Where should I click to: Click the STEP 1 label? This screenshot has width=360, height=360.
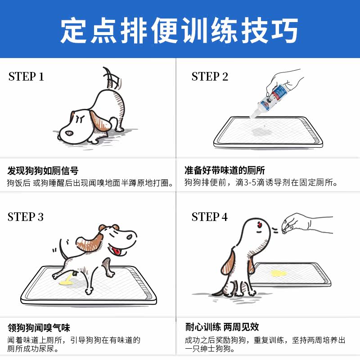pyautogui.click(x=26, y=76)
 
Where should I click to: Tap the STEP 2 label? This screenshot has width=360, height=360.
pyautogui.click(x=210, y=76)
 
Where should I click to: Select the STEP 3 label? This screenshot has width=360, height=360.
pyautogui.click(x=26, y=217)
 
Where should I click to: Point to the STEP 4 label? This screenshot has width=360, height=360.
pyautogui.click(x=209, y=217)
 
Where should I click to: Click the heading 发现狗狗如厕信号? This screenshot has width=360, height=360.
pyautogui.click(x=43, y=171)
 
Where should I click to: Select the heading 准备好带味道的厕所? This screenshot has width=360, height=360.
pyautogui.click(x=225, y=171)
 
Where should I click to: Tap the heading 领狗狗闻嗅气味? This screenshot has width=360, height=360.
pyautogui.click(x=39, y=328)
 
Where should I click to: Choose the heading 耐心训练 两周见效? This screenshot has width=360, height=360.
pyautogui.click(x=222, y=327)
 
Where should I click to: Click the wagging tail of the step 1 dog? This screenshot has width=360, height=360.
pyautogui.click(x=111, y=78)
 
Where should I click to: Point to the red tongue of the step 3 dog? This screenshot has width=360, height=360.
pyautogui.click(x=117, y=251)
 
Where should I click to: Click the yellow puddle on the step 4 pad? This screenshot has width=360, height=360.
pyautogui.click(x=279, y=273)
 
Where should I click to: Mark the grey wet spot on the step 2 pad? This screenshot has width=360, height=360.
pyautogui.click(x=261, y=132)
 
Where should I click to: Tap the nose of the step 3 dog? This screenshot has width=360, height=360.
pyautogui.click(x=130, y=237)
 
